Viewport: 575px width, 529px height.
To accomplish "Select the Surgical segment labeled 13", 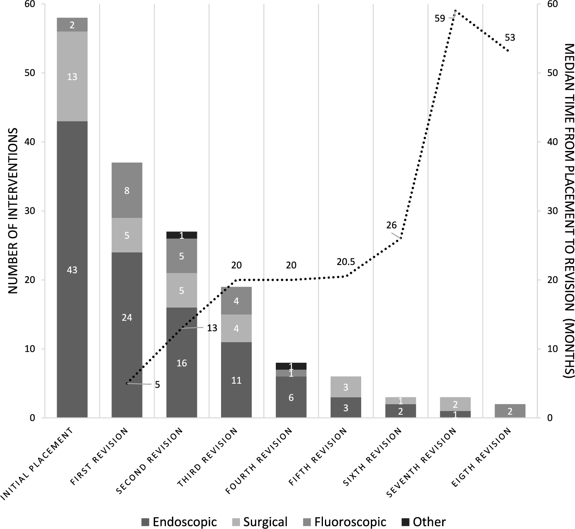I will click(72, 76).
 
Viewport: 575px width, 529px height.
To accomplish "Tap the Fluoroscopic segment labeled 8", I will click(127, 190).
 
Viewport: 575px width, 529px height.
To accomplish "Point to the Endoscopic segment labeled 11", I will click(236, 380).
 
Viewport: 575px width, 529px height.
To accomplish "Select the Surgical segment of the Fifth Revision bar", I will click(346, 387).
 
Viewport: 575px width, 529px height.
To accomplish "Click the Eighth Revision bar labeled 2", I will click(510, 411).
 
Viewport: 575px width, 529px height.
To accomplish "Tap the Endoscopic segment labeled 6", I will click(291, 397).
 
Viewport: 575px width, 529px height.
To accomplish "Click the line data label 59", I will click(440, 18).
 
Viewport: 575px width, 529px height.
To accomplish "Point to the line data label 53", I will click(509, 38).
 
